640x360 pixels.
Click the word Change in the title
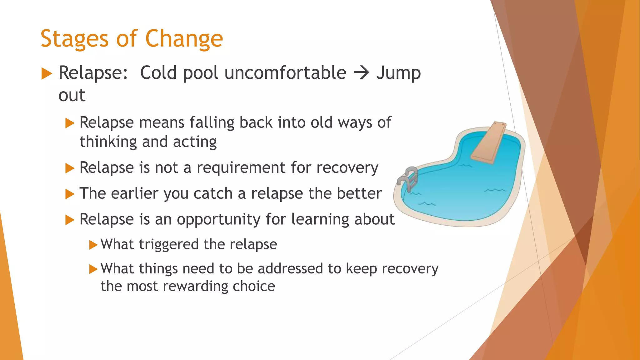pyautogui.click(x=184, y=39)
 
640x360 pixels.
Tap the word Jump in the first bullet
pyautogui.click(x=398, y=73)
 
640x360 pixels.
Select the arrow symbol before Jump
pyautogui.click(x=362, y=73)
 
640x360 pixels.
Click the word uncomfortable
pyautogui.click(x=285, y=73)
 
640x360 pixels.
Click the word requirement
pyautogui.click(x=241, y=168)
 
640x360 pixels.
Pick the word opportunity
pyautogui.click(x=219, y=219)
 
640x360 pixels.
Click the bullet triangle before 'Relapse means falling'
pyautogui.click(x=69, y=123)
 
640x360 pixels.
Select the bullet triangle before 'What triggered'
pyautogui.click(x=93, y=245)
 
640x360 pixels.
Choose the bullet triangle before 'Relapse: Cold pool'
pyautogui.click(x=47, y=74)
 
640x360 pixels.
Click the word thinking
pyautogui.click(x=108, y=142)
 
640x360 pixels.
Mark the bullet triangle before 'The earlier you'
pyautogui.click(x=69, y=194)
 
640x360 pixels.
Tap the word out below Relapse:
pyautogui.click(x=72, y=95)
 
